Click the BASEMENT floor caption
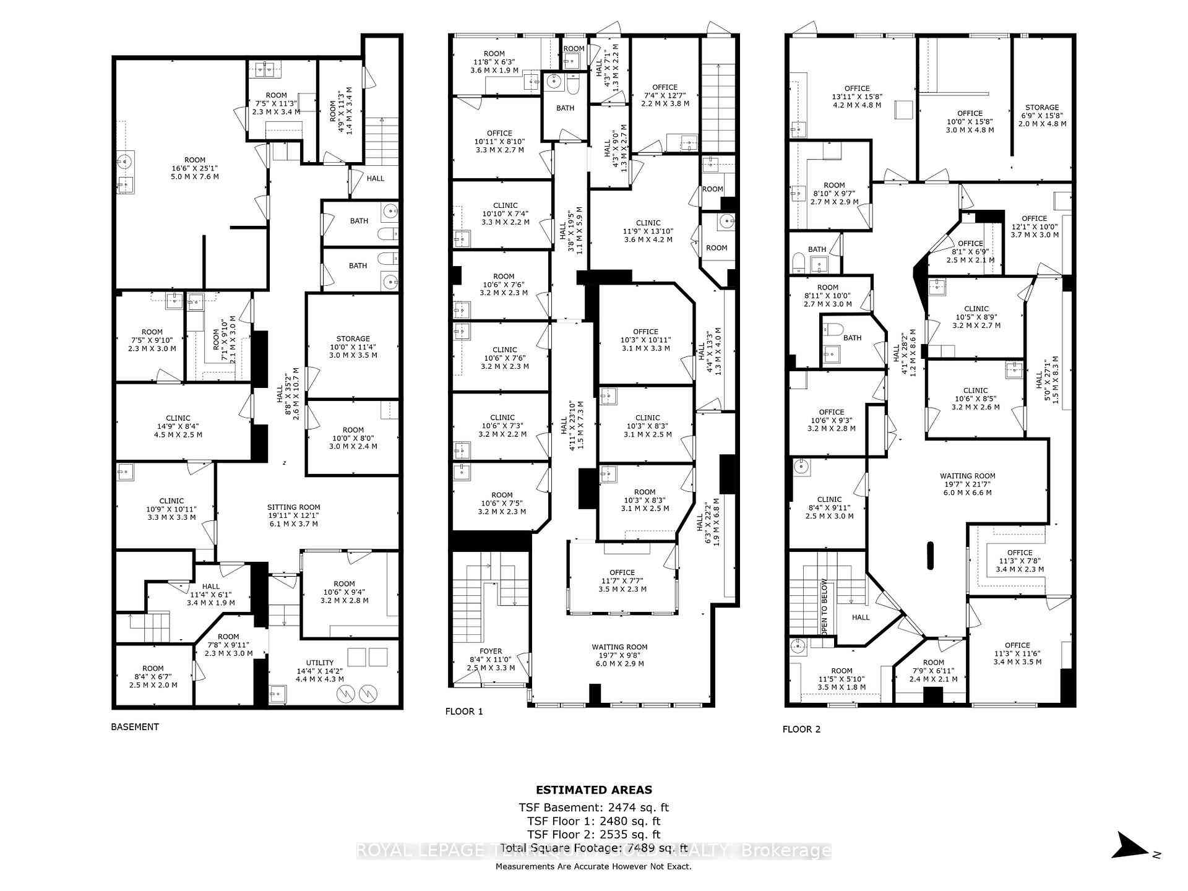pyautogui.click(x=135, y=727)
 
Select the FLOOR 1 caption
pyautogui.click(x=464, y=712)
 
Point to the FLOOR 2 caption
pyautogui.click(x=801, y=730)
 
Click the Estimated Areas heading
pyautogui.click(x=593, y=790)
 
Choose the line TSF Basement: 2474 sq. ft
pyautogui.click(x=593, y=807)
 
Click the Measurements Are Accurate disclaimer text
pyautogui.click(x=593, y=867)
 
